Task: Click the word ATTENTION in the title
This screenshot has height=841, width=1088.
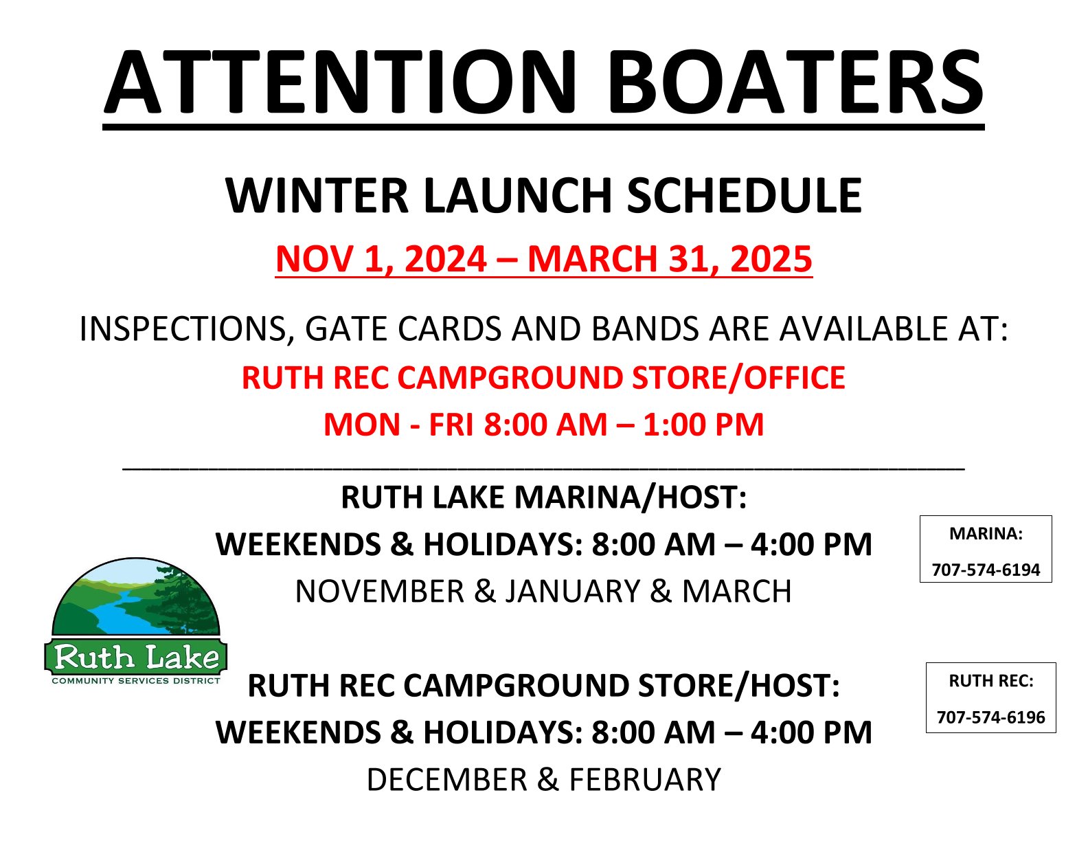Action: point(341,82)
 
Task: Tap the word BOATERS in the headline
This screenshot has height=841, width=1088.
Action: point(795,82)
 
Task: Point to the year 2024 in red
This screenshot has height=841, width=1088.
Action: point(445,259)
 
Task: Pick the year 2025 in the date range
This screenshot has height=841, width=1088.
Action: point(771,259)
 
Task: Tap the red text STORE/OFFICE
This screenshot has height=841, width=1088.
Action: point(738,377)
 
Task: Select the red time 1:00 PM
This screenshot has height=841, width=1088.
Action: point(703,425)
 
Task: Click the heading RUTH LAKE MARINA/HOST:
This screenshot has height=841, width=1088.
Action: point(544,497)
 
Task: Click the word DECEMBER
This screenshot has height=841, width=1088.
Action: point(447,780)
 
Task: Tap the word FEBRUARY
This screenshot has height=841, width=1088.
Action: point(645,780)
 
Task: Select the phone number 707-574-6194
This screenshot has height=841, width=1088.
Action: point(986,570)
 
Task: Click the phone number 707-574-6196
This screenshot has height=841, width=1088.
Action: point(991,717)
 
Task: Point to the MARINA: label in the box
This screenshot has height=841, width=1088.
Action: point(986,534)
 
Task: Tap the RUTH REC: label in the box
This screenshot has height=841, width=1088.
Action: point(991,681)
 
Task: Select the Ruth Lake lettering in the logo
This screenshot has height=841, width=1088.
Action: point(136,658)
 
